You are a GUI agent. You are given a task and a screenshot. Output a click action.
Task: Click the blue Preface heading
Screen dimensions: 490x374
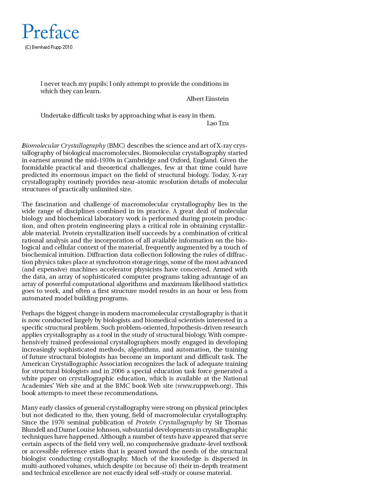(x=51, y=32)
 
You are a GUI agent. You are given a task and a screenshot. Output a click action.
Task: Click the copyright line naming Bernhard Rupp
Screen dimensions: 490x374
(x=49, y=47)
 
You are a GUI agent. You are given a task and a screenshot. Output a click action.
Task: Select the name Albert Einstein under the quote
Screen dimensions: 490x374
(x=207, y=99)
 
